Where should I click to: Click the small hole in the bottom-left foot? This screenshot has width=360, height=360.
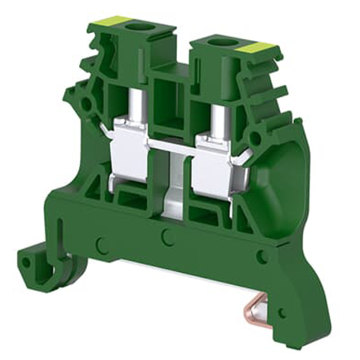point(27,262)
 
